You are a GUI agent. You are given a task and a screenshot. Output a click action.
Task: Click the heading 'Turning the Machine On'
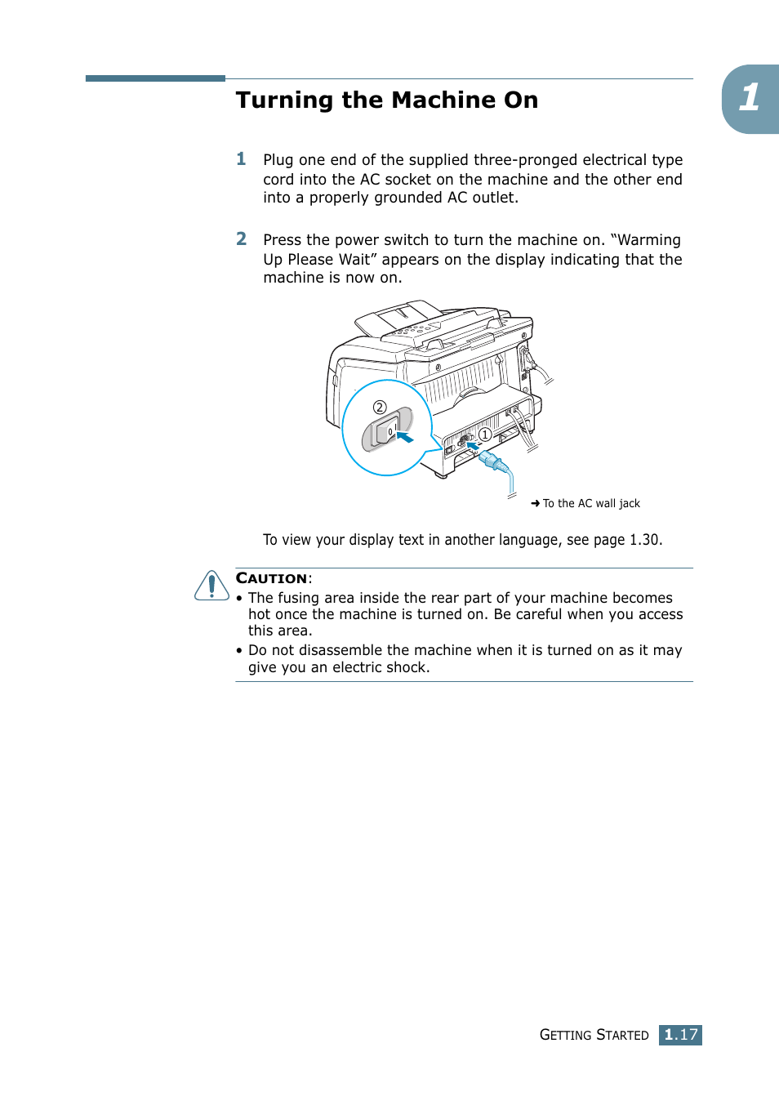pyautogui.click(x=386, y=100)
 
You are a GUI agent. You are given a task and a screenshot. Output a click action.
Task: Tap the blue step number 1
pyautogui.click(x=241, y=159)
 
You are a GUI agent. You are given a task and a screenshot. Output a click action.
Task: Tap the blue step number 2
pyautogui.click(x=241, y=239)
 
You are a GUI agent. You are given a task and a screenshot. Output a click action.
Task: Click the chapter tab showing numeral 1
pyautogui.click(x=750, y=98)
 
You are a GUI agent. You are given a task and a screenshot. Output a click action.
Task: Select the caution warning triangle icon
pyautogui.click(x=211, y=586)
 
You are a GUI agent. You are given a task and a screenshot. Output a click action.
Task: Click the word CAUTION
pyautogui.click(x=271, y=578)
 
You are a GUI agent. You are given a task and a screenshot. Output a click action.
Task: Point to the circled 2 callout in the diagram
pyautogui.click(x=380, y=407)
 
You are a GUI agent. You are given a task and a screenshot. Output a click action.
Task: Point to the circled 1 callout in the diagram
pyautogui.click(x=485, y=435)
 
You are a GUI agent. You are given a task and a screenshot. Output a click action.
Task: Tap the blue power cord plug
pyautogui.click(x=493, y=462)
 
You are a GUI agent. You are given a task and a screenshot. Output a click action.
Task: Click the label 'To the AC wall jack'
pyautogui.click(x=591, y=503)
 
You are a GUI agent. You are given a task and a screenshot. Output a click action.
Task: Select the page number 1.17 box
pyautogui.click(x=680, y=1035)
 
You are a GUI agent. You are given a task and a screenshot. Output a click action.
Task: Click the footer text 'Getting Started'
pyautogui.click(x=594, y=1035)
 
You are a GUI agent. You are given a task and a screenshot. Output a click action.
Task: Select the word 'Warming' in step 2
pyautogui.click(x=649, y=240)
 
